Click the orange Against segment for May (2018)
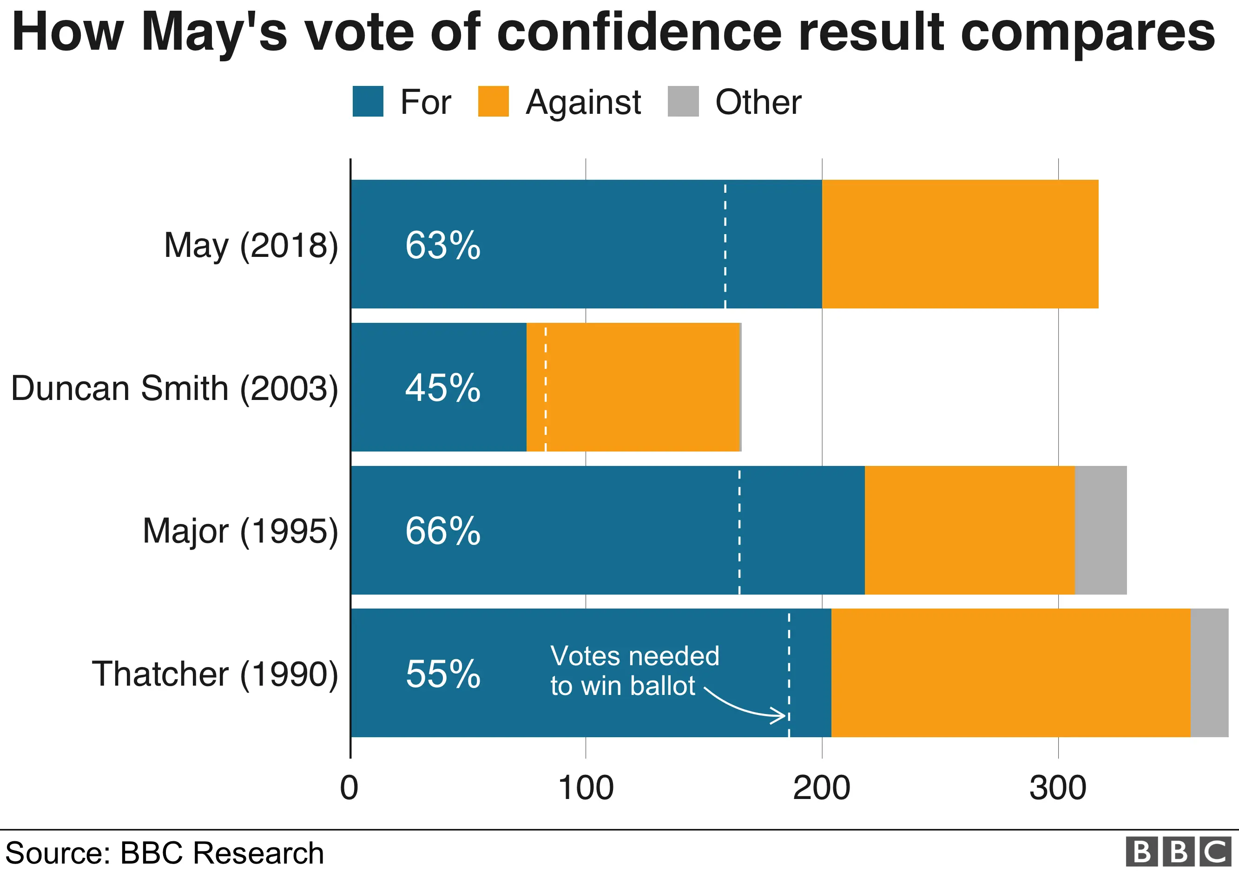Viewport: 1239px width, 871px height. [960, 244]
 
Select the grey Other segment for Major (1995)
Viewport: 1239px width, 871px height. [1101, 530]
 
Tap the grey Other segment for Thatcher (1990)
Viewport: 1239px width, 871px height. [1209, 673]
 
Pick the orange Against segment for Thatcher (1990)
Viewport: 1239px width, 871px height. [1010, 673]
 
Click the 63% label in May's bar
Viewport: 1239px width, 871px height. [442, 245]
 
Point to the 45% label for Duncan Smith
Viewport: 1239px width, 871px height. [442, 388]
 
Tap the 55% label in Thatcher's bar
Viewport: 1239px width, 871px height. [442, 674]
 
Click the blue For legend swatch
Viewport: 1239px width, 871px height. [368, 101]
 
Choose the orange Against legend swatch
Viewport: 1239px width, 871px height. [493, 101]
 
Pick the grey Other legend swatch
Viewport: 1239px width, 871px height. [683, 101]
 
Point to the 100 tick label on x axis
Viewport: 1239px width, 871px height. [586, 788]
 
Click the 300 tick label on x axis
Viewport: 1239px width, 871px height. [1058, 788]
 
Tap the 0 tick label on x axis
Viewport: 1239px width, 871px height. [349, 788]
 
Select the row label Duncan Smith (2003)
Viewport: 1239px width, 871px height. [174, 388]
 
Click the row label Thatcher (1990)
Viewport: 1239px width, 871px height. [215, 674]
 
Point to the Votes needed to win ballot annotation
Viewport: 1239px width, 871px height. [634, 671]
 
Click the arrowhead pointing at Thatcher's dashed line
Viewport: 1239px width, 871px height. [780, 716]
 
